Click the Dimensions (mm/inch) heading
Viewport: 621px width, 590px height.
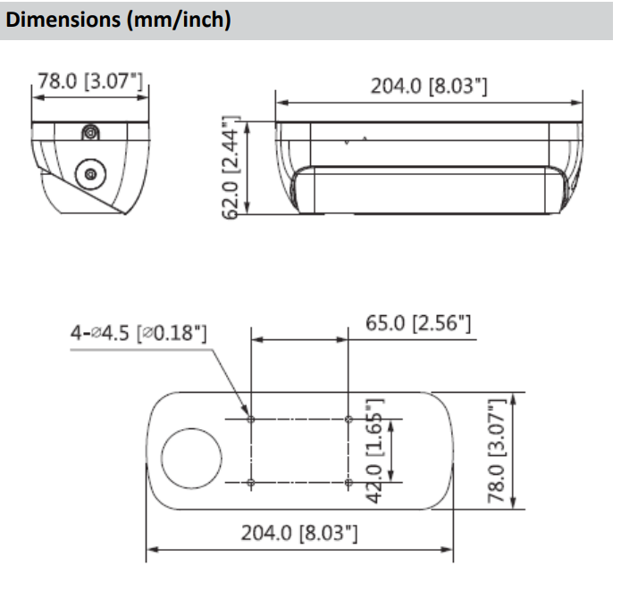118,20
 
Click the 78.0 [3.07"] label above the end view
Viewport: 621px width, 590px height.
90,81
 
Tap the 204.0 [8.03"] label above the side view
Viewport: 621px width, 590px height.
429,86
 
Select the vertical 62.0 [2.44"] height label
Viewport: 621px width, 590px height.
231,168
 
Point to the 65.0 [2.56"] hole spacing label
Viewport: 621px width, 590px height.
418,323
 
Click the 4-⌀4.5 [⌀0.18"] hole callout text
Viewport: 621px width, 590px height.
138,333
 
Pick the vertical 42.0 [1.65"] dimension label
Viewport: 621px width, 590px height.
374,451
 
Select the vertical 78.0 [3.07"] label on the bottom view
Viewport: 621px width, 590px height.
497,451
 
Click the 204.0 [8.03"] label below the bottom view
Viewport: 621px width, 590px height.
299,533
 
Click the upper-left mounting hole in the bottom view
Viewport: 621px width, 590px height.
251,419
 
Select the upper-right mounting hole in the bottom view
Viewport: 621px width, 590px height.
348,419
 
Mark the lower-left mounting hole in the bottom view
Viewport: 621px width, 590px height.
251,482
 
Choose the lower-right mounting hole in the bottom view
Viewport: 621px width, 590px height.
348,482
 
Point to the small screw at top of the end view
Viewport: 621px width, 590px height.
91,133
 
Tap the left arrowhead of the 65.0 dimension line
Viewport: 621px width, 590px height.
257,339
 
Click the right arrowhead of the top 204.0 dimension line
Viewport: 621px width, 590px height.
576,103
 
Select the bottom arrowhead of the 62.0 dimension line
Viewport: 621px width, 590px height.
248,208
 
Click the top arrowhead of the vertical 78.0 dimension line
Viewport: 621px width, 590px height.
513,398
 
